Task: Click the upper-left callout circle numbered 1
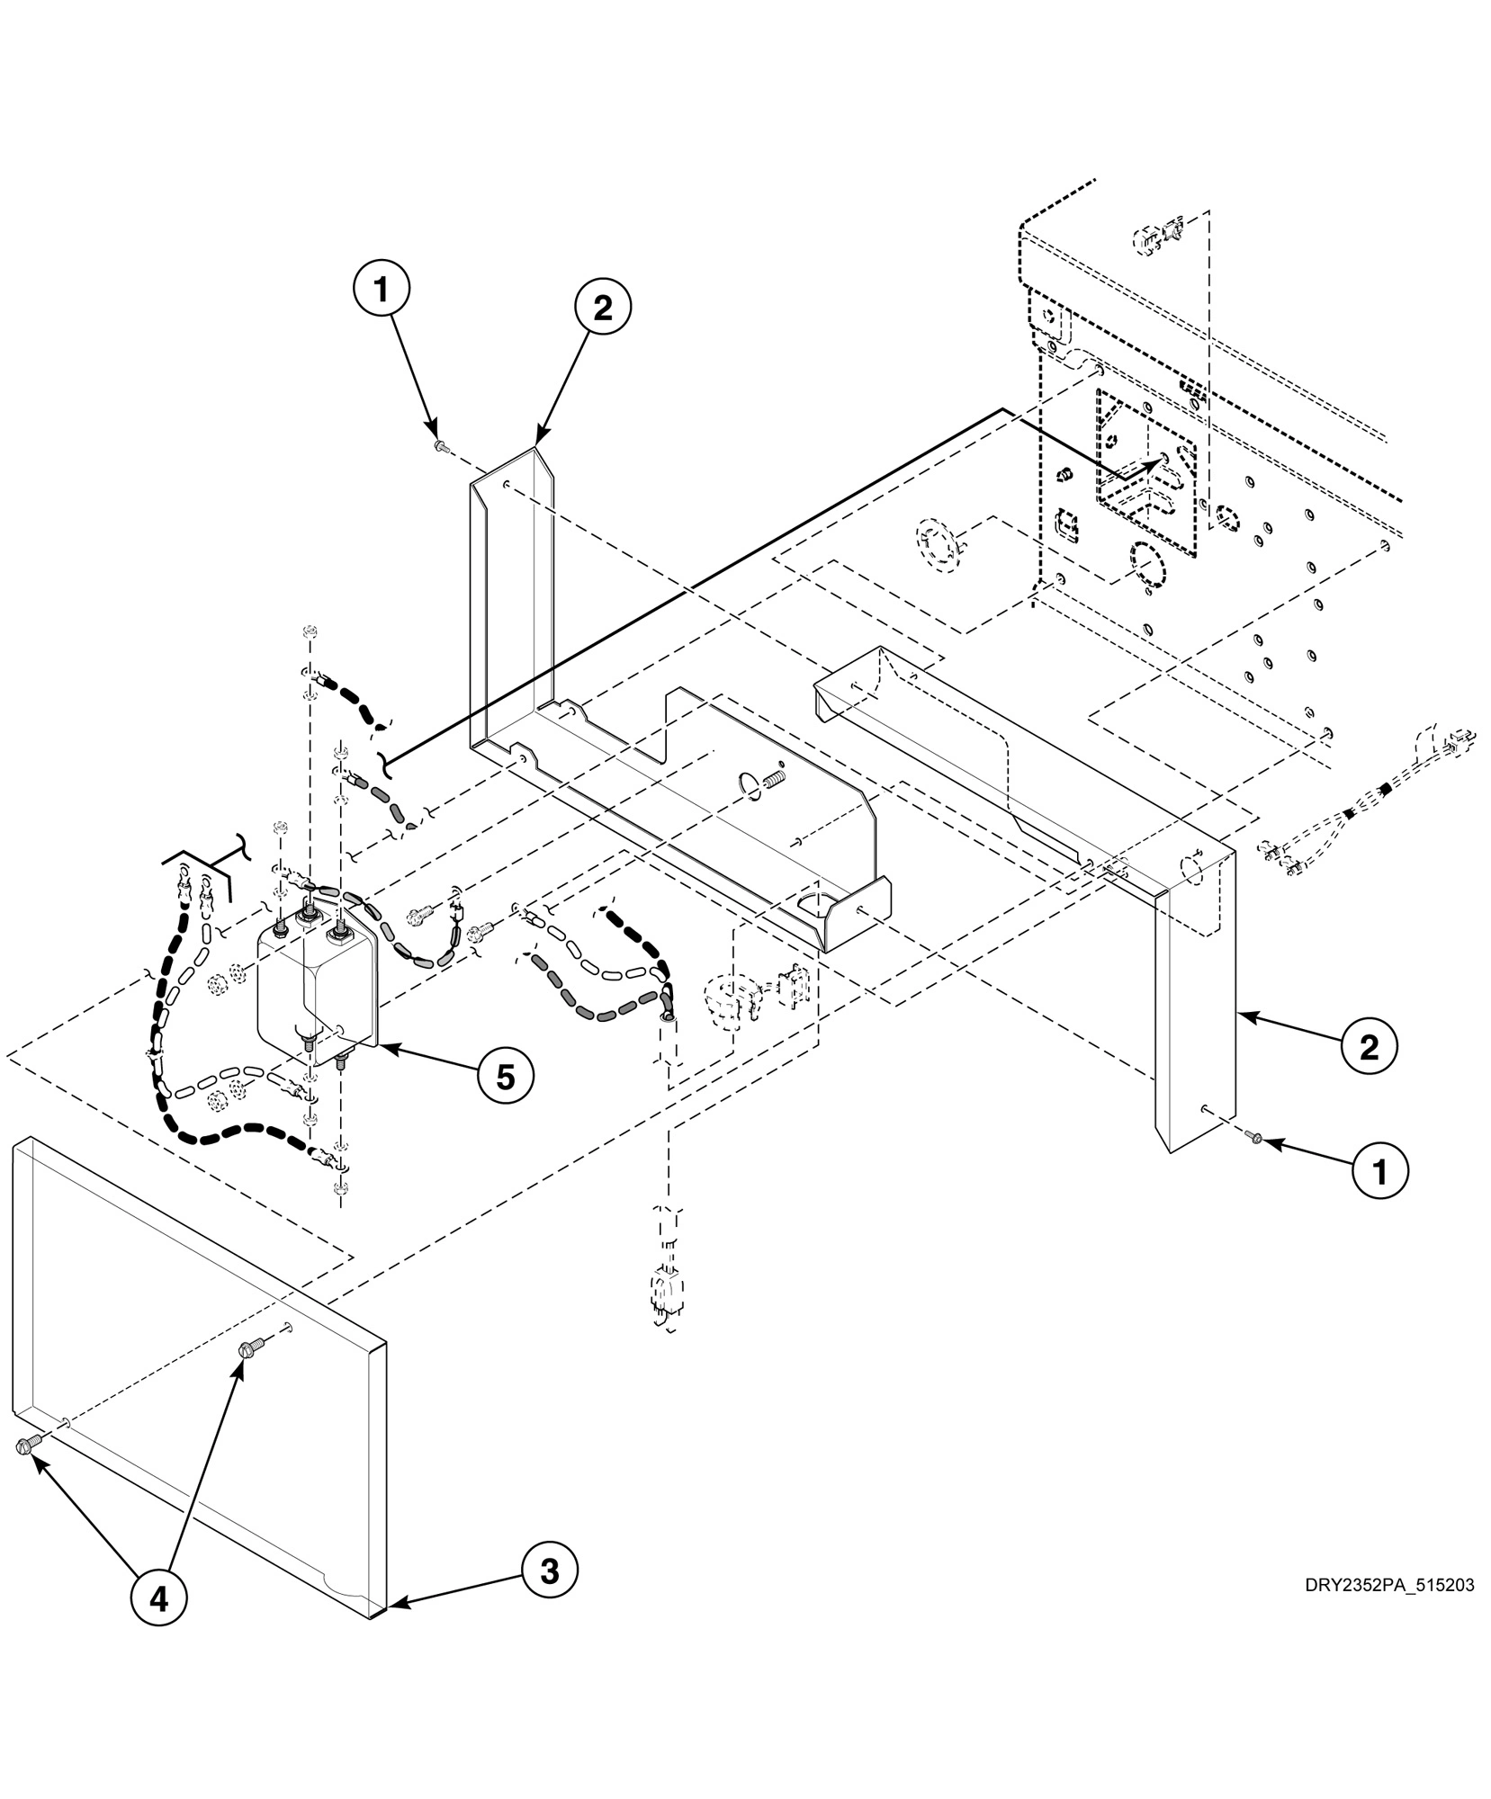click(382, 290)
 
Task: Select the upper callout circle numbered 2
click(602, 308)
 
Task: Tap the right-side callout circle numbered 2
click(1369, 1047)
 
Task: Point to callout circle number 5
click(506, 1076)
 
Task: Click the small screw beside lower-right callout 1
click(1256, 1141)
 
